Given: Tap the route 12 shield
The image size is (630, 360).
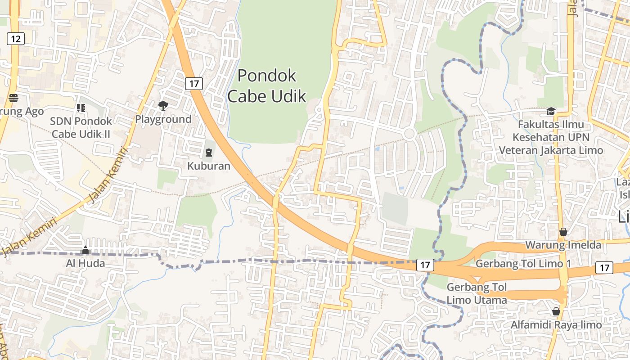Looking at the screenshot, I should pos(15,39).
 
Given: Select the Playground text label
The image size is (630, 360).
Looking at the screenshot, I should pos(163,119).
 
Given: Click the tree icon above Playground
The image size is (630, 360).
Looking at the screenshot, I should pos(163,106).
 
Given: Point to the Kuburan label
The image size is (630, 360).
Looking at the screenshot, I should pos(209,166).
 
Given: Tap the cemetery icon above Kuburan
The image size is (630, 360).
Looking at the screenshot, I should pos(209,153).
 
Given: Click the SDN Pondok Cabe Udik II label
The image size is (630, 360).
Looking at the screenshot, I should pos(81,127).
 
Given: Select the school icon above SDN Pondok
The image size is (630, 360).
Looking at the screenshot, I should pos(81,108).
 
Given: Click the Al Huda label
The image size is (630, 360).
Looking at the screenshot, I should pos(85,263).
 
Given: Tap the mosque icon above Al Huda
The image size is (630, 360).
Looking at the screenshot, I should pos(85,250).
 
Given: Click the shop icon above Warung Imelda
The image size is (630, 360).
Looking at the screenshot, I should pos(563,232).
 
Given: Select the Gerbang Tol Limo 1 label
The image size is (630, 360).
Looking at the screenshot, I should pos(523,263).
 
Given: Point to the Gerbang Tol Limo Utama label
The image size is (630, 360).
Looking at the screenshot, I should pos(477,293).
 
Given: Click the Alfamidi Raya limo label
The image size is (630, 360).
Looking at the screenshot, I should pos(556,325).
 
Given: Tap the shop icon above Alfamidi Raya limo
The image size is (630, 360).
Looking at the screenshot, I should pos(556,311).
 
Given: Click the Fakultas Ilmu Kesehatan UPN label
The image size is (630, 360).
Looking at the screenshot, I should pos(551,137).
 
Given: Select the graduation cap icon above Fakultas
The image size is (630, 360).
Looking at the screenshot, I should pos(551,111).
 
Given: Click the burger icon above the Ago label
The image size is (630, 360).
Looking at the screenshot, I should pos(13,98).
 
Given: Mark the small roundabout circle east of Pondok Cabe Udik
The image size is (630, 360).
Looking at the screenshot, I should pos(409,133).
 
